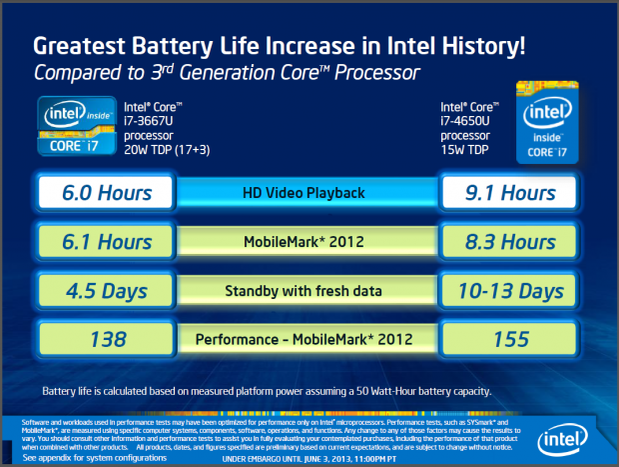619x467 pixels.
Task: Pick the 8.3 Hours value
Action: coord(510,242)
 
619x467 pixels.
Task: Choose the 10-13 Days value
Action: coord(510,291)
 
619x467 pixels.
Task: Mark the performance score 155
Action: coord(510,340)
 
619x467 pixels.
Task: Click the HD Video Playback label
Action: coord(309,193)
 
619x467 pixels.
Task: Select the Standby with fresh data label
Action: coord(309,291)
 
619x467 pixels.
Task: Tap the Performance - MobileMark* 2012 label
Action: coord(309,340)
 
